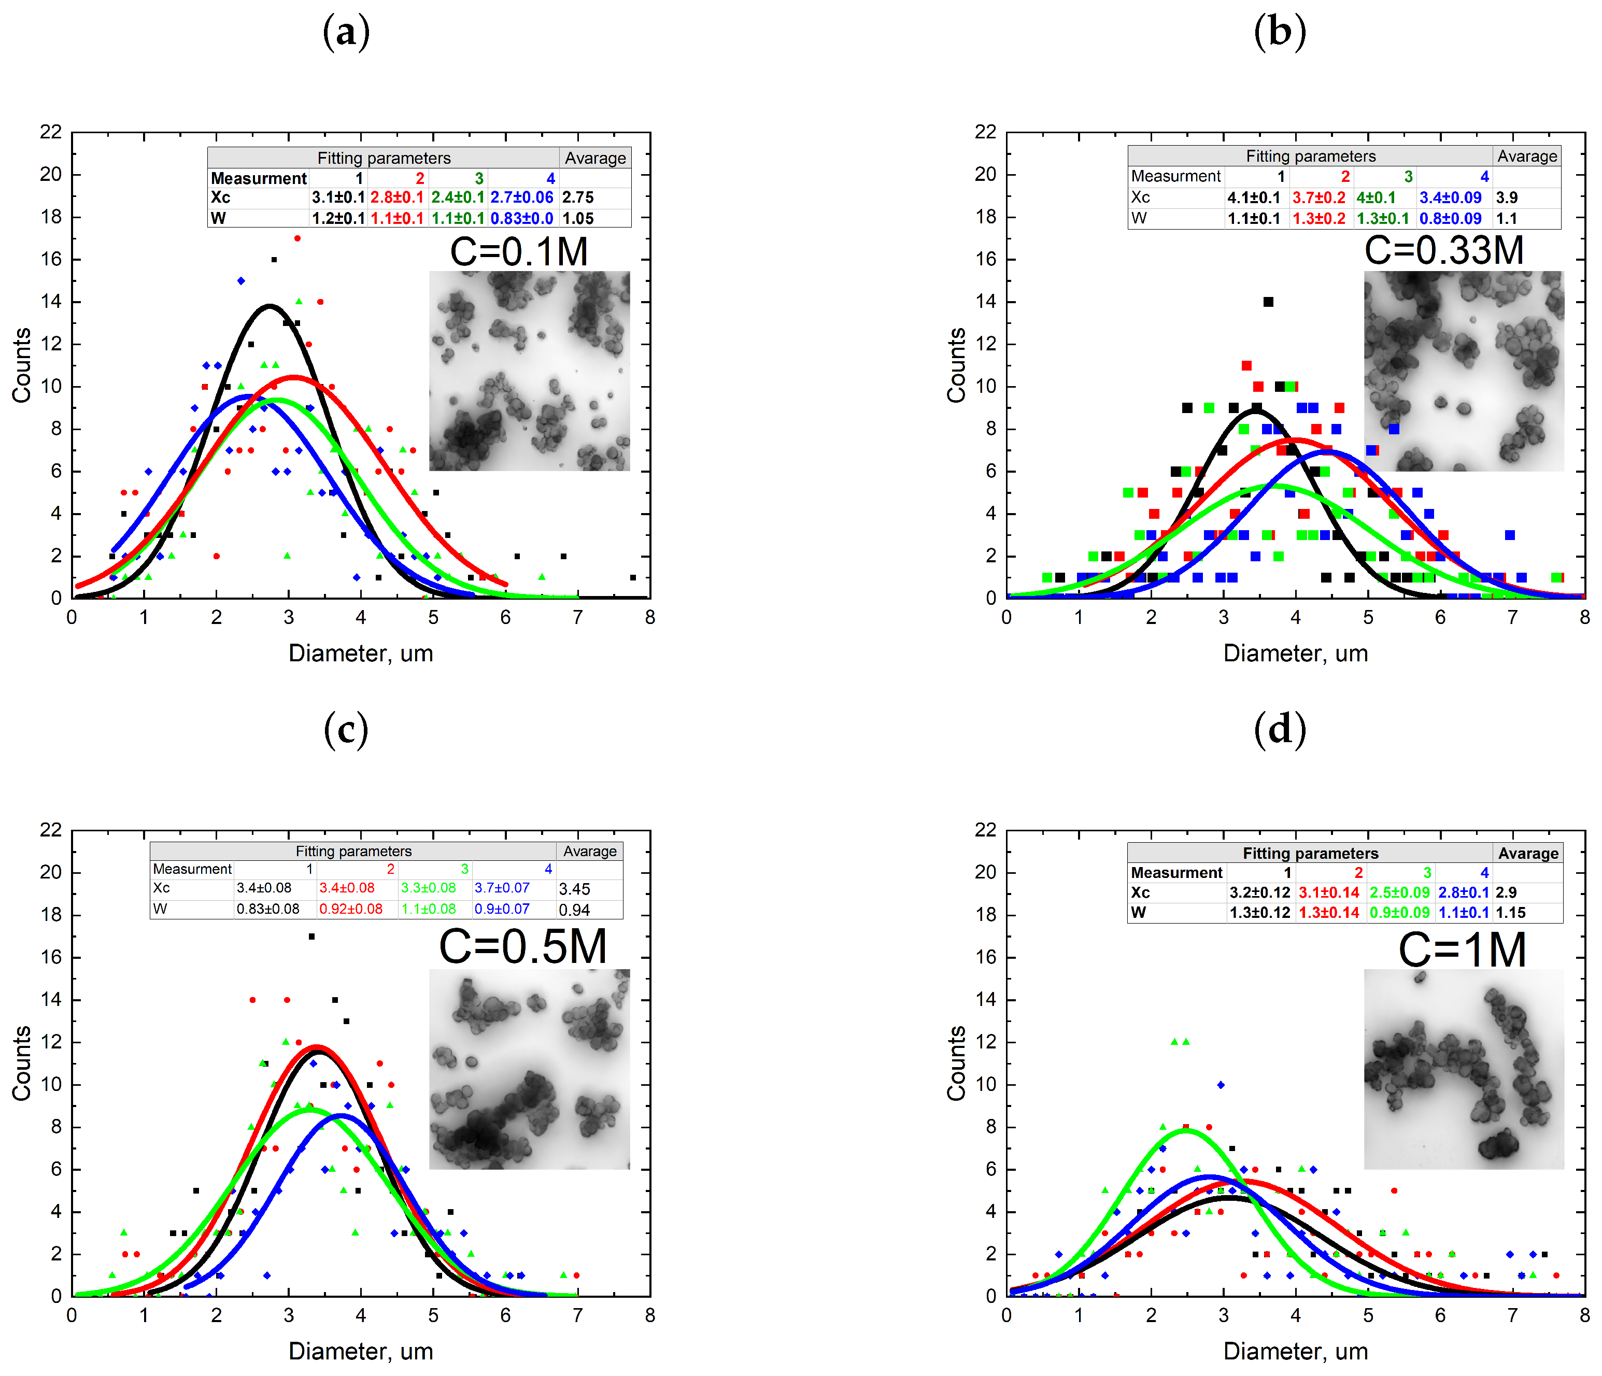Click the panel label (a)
click(x=346, y=33)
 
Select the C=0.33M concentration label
click(x=1443, y=250)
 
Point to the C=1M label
click(x=1462, y=950)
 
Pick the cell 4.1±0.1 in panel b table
click(x=1253, y=198)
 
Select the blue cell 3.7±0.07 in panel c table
click(x=502, y=888)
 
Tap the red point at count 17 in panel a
click(x=297, y=238)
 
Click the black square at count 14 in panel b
click(x=1268, y=302)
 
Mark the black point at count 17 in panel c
click(x=311, y=936)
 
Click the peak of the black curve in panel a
click(x=269, y=306)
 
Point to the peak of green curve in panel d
click(x=1185, y=1130)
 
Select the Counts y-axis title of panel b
click(x=956, y=365)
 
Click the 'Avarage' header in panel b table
click(x=1527, y=156)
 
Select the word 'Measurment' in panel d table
click(x=1176, y=873)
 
